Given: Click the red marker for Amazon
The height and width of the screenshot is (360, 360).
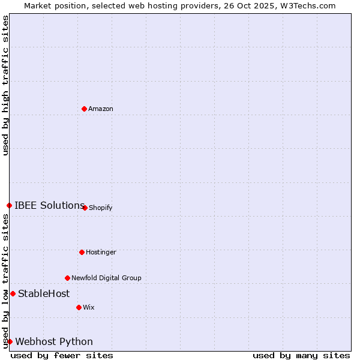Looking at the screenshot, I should (84, 109).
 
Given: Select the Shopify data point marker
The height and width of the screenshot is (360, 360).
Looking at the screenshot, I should (85, 208).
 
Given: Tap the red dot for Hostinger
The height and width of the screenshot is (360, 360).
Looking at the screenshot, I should (82, 252).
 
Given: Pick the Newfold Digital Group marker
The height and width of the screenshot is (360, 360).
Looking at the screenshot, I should (67, 278).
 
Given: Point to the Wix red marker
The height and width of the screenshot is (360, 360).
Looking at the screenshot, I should (79, 307).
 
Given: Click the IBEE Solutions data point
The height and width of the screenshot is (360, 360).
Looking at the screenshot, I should (9, 205).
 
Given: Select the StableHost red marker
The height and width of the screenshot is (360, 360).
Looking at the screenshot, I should (13, 293).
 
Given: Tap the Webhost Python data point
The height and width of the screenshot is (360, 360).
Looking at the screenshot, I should (10, 341).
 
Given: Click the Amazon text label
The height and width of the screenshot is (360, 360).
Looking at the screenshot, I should (100, 109).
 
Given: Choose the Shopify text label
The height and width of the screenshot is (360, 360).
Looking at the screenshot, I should (100, 208).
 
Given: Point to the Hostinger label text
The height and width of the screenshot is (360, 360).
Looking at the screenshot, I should (101, 252).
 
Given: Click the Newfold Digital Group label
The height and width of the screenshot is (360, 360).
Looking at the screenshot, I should (106, 278).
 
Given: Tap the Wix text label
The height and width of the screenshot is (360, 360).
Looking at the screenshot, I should (88, 307).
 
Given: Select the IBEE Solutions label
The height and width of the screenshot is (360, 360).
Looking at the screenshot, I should (49, 205).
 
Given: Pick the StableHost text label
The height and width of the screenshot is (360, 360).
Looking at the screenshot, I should (44, 293).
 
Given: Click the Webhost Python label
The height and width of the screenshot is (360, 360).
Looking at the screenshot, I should (54, 341).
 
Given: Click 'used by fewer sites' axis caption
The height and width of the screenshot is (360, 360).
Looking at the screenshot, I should (62, 355).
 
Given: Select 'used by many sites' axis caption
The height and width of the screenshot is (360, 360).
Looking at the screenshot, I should (301, 355).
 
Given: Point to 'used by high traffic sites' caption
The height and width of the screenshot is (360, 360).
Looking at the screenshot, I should (5, 85).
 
